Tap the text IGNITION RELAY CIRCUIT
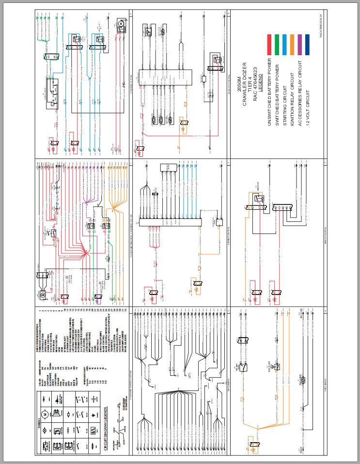click(x=292, y=100)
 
